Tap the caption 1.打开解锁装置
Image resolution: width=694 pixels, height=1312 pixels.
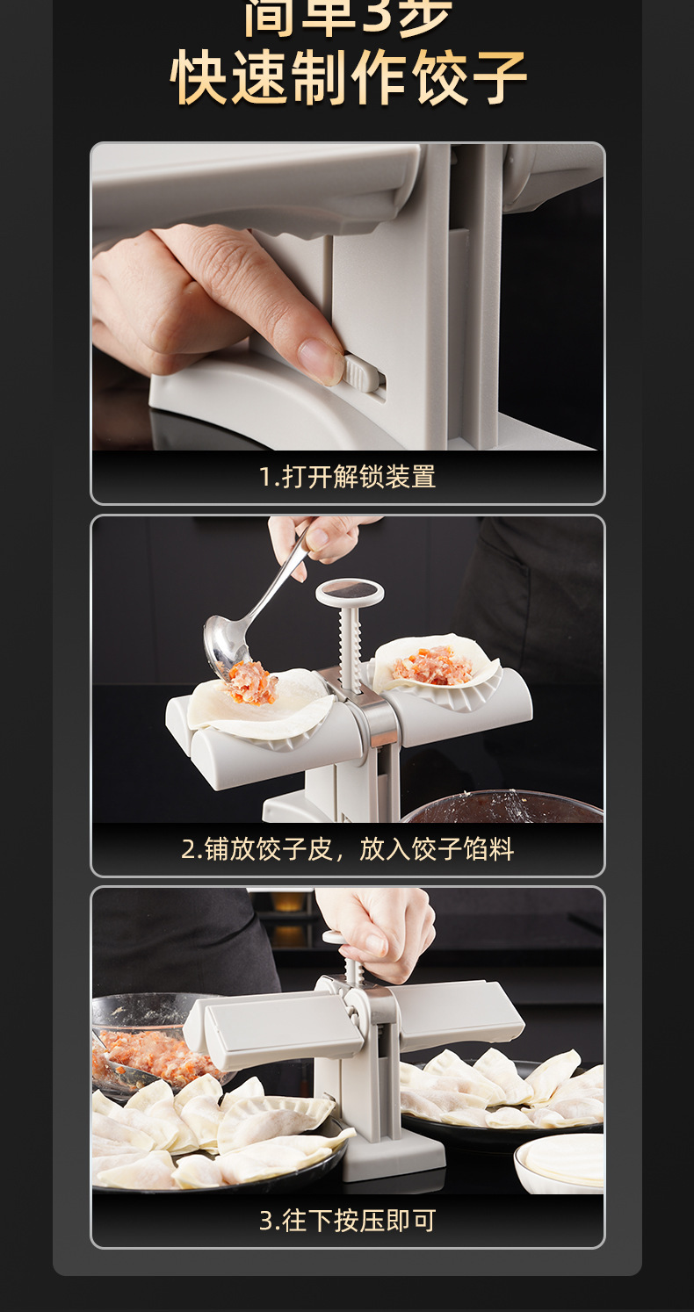coord(347,477)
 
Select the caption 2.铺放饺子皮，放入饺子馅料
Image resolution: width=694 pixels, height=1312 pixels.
coord(347,849)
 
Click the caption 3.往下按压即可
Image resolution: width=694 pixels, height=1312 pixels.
coord(347,1221)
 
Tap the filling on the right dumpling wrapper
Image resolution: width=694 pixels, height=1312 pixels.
coord(431,666)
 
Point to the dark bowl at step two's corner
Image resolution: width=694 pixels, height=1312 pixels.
coord(501,806)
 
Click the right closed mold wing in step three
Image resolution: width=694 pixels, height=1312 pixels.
coord(452,1010)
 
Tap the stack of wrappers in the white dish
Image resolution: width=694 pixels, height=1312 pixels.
coord(562,1161)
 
